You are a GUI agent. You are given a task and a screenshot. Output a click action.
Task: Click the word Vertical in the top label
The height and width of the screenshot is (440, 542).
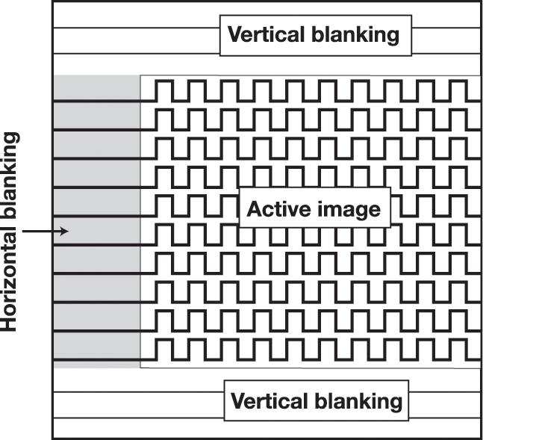pyautogui.click(x=261, y=34)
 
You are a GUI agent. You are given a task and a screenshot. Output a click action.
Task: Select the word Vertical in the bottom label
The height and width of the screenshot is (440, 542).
pyautogui.click(x=264, y=401)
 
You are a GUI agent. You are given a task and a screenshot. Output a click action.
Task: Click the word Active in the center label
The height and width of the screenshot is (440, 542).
pyautogui.click(x=273, y=209)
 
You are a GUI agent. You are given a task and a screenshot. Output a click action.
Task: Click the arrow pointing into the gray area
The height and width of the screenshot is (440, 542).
pyautogui.click(x=45, y=232)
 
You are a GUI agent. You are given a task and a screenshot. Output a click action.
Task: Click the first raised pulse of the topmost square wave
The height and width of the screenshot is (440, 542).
pyautogui.click(x=164, y=89)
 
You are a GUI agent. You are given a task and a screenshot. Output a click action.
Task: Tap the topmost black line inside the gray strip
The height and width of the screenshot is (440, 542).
pyautogui.click(x=96, y=101)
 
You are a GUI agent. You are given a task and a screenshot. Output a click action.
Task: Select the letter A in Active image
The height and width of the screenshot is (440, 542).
pyautogui.click(x=253, y=209)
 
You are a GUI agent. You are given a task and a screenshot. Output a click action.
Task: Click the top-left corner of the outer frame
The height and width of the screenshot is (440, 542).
pyautogui.click(x=52, y=1)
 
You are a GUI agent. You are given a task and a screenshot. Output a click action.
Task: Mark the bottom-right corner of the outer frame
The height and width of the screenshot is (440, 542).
pyautogui.click(x=481, y=438)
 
